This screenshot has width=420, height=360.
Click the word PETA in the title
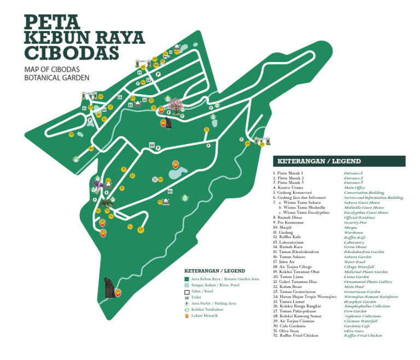coord(52,22)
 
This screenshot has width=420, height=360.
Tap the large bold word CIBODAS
coord(72,52)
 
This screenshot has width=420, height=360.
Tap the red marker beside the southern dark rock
coord(118,293)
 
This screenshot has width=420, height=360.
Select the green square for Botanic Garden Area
coord(186,279)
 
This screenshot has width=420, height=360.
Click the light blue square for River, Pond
coord(186,285)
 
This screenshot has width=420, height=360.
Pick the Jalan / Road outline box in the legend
coord(186,292)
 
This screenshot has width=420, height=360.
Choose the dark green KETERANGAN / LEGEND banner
coord(339,161)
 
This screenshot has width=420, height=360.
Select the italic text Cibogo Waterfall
coord(359,267)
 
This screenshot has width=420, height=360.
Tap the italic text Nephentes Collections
coord(363,316)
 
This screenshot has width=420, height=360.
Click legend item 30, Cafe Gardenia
coord(293,326)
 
